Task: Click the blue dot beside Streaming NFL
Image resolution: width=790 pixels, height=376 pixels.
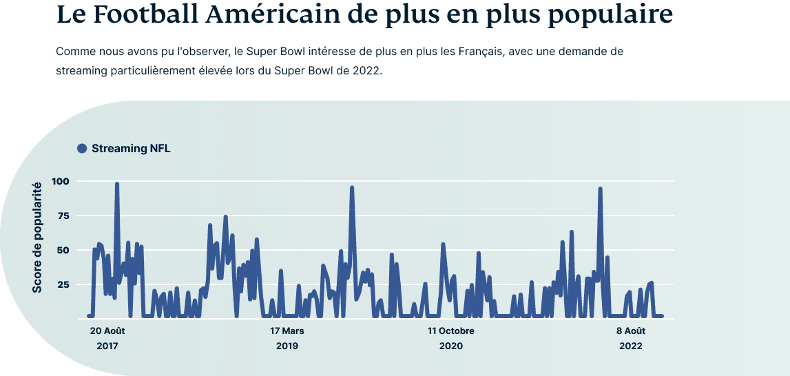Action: pyautogui.click(x=82, y=148)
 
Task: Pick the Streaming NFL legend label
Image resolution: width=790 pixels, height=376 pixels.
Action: pyautogui.click(x=130, y=148)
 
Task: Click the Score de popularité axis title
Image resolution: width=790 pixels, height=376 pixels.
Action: pyautogui.click(x=37, y=237)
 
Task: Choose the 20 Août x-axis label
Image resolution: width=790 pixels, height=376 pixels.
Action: pyautogui.click(x=107, y=331)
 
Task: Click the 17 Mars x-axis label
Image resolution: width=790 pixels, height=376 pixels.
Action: pyautogui.click(x=287, y=331)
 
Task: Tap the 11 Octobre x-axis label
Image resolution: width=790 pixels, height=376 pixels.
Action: pyautogui.click(x=451, y=331)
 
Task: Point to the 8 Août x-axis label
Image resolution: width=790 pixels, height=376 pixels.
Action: pyautogui.click(x=631, y=331)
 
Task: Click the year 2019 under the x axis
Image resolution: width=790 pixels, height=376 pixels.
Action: pyautogui.click(x=287, y=346)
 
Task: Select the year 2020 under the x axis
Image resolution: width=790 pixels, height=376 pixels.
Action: pyautogui.click(x=451, y=346)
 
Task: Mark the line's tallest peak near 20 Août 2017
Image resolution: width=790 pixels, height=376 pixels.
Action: pyautogui.click(x=117, y=185)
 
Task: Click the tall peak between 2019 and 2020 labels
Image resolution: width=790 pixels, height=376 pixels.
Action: pyautogui.click(x=352, y=188)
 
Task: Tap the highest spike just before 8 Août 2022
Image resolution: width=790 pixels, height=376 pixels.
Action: pyautogui.click(x=601, y=189)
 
